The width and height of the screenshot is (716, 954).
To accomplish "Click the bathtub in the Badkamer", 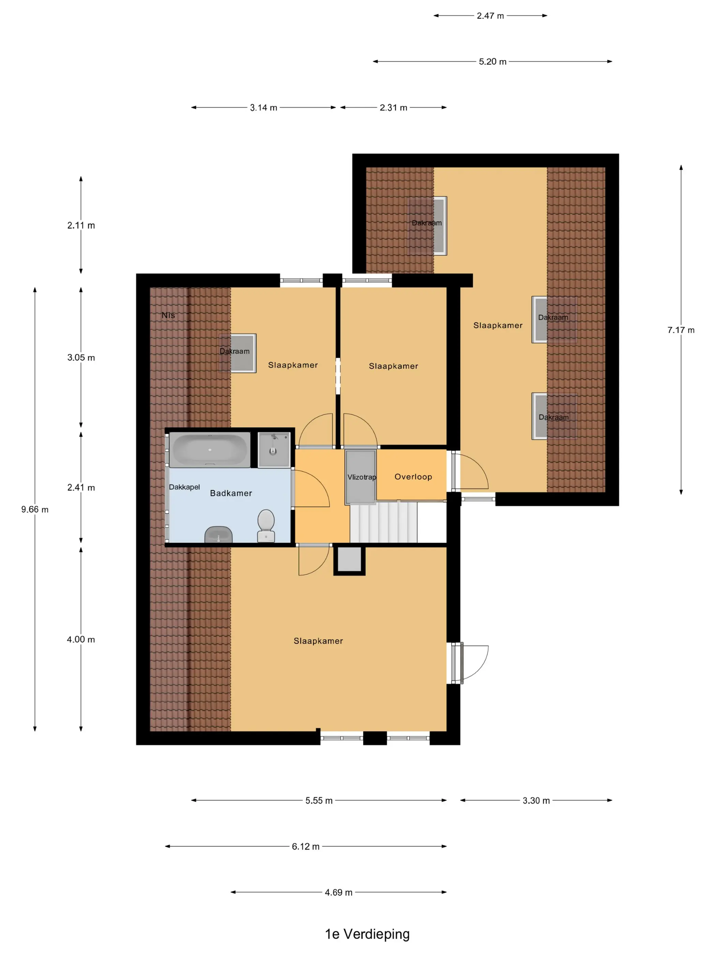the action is pyautogui.click(x=210, y=450).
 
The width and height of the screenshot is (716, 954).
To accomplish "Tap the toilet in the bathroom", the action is pyautogui.click(x=266, y=525).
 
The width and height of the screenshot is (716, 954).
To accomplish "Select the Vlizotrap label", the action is pyautogui.click(x=362, y=477).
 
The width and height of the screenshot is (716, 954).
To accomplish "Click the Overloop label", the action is pyautogui.click(x=413, y=477).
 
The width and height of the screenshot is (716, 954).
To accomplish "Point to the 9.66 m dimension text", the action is pyautogui.click(x=35, y=509).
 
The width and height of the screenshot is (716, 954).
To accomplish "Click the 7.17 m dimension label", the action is pyautogui.click(x=681, y=330).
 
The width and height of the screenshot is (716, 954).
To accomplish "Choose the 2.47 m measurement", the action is pyautogui.click(x=490, y=16).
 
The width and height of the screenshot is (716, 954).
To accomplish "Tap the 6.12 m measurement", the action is pyautogui.click(x=305, y=846).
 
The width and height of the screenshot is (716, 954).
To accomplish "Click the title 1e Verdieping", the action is pyautogui.click(x=367, y=934).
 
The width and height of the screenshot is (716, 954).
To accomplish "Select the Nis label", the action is pyautogui.click(x=168, y=315).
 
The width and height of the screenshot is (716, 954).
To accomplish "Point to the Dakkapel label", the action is pyautogui.click(x=184, y=487).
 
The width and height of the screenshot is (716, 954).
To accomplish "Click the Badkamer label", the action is pyautogui.click(x=231, y=493).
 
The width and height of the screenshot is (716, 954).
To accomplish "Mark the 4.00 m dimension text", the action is pyautogui.click(x=81, y=639).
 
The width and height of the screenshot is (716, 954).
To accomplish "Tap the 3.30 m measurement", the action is pyautogui.click(x=536, y=800).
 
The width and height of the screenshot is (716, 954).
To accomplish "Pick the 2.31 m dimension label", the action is pyautogui.click(x=393, y=107).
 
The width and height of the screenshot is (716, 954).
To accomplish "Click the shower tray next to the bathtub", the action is pyautogui.click(x=274, y=450).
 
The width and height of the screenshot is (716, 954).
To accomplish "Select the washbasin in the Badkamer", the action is pyautogui.click(x=219, y=535).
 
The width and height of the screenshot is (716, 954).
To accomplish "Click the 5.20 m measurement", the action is pyautogui.click(x=492, y=62).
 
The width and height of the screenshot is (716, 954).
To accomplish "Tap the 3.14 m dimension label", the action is pyautogui.click(x=263, y=107).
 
